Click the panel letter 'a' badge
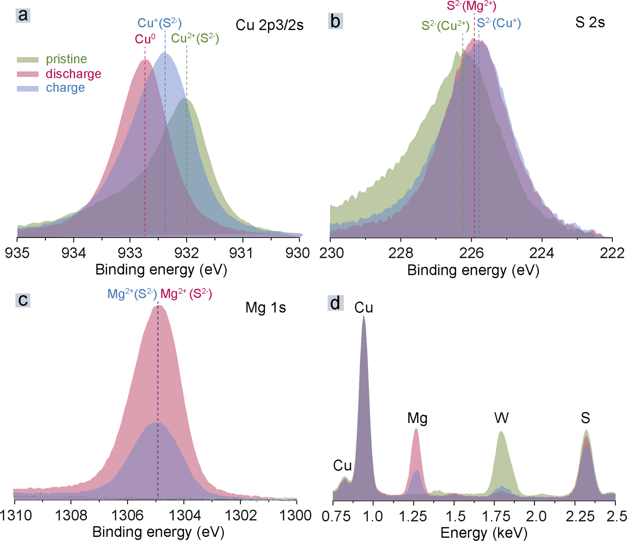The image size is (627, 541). pyautogui.click(x=23, y=15)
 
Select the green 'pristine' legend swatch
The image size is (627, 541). pyautogui.click(x=27, y=60)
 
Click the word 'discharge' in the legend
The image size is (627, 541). pyautogui.click(x=73, y=74)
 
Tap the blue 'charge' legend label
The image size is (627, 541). pyautogui.click(x=65, y=88)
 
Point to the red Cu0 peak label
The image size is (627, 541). pyautogui.click(x=145, y=39)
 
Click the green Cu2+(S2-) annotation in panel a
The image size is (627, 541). pyautogui.click(x=195, y=38)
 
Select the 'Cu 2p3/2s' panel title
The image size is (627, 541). pyautogui.click(x=269, y=25)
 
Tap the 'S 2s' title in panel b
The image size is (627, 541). pyautogui.click(x=590, y=23)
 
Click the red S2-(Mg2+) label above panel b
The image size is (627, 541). pyautogui.click(x=471, y=6)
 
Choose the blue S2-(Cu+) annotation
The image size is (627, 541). pyautogui.click(x=499, y=24)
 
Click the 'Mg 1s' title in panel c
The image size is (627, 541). pyautogui.click(x=266, y=308)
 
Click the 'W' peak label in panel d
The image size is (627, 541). pyautogui.click(x=501, y=419)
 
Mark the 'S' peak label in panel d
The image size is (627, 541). pyautogui.click(x=585, y=418)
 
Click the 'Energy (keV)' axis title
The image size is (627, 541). pyautogui.click(x=484, y=533)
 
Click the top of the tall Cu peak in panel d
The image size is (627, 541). pyautogui.click(x=364, y=317)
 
